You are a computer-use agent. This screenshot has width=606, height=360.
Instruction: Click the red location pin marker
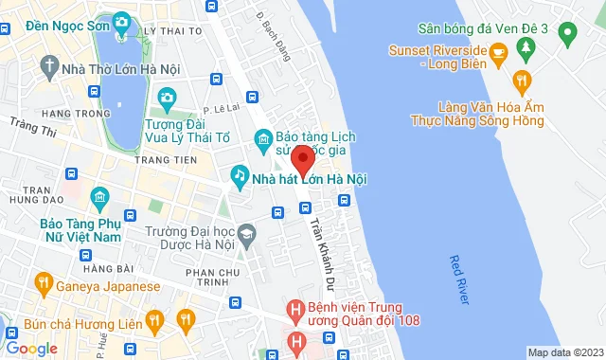pos(301,157)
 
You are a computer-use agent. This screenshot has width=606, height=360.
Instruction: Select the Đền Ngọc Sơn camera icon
pos(121,22)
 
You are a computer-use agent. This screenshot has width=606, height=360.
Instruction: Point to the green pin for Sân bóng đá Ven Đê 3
pos(567,37)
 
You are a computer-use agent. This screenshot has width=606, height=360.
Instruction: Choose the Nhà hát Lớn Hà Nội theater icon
pos(239,177)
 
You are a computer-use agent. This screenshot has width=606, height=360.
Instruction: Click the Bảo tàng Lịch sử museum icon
pos(264,143)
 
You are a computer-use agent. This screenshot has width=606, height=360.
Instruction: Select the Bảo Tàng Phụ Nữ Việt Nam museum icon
pos(99,199)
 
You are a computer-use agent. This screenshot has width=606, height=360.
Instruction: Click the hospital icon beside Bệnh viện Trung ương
pos(296,309)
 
